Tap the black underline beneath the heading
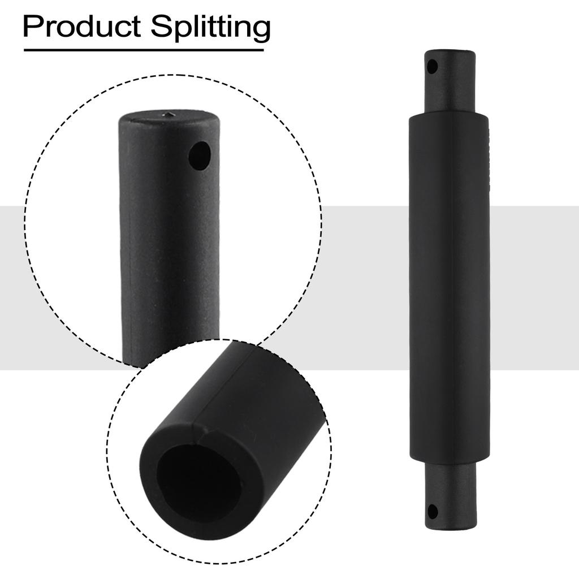[144, 50]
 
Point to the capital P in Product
[32, 27]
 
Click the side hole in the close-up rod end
[199, 156]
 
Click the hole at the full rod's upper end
[433, 67]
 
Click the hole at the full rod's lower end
[433, 512]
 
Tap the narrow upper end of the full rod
[450, 82]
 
